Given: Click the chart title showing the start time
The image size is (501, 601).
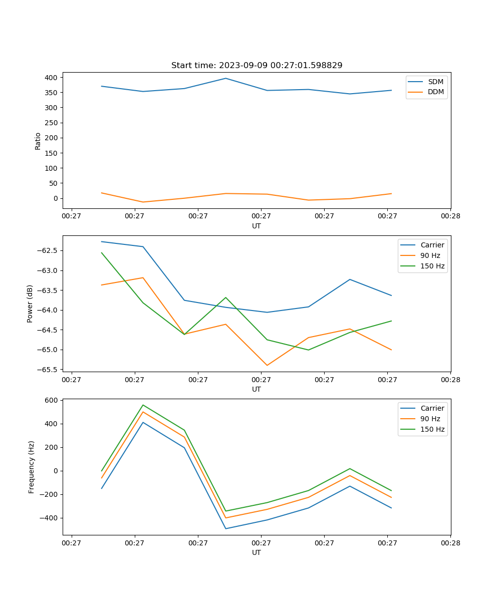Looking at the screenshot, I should click(x=257, y=66).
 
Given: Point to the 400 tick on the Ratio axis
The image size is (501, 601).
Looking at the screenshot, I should click(x=52, y=78).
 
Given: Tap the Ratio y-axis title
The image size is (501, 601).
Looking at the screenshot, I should click(x=38, y=141).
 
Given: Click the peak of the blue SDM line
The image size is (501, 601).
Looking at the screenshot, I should click(x=225, y=78).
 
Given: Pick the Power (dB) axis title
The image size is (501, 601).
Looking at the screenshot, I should click(x=30, y=304).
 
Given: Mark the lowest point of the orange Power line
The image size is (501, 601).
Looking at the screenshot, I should click(x=267, y=365).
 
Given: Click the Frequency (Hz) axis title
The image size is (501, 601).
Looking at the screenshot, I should click(x=32, y=467).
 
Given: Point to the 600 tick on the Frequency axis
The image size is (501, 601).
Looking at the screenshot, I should click(x=52, y=400).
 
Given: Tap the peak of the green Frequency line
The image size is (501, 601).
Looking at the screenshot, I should click(x=143, y=405).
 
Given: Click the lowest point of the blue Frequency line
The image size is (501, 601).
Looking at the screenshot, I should click(x=225, y=528).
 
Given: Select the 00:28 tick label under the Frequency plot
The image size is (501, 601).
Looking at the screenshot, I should click(x=450, y=542).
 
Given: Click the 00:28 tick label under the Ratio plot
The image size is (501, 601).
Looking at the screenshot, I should click(x=450, y=216).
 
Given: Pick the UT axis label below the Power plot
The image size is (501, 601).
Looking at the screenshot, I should click(x=257, y=389).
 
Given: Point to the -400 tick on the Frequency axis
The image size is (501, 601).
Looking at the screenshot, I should click(x=50, y=518).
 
